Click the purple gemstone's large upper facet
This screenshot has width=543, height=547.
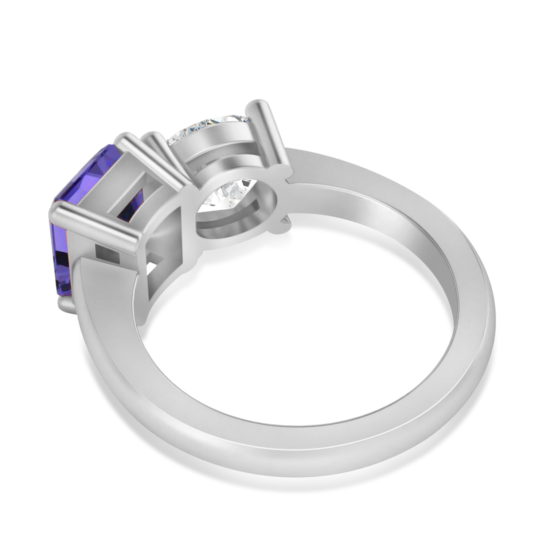82,175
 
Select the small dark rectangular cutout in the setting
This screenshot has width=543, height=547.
108,253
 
